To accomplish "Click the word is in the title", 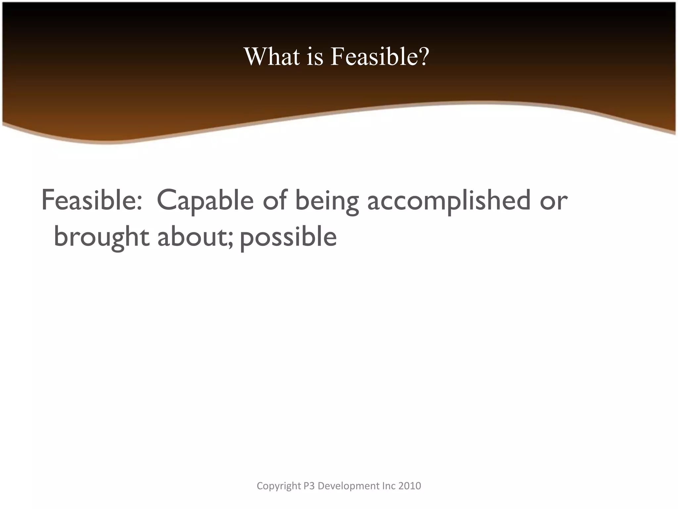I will pyautogui.click(x=315, y=56).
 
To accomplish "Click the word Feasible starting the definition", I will pyautogui.click(x=88, y=200).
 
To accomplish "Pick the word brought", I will pyautogui.click(x=101, y=237).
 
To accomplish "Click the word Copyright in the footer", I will pyautogui.click(x=279, y=486).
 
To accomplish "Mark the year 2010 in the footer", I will pyautogui.click(x=410, y=486).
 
